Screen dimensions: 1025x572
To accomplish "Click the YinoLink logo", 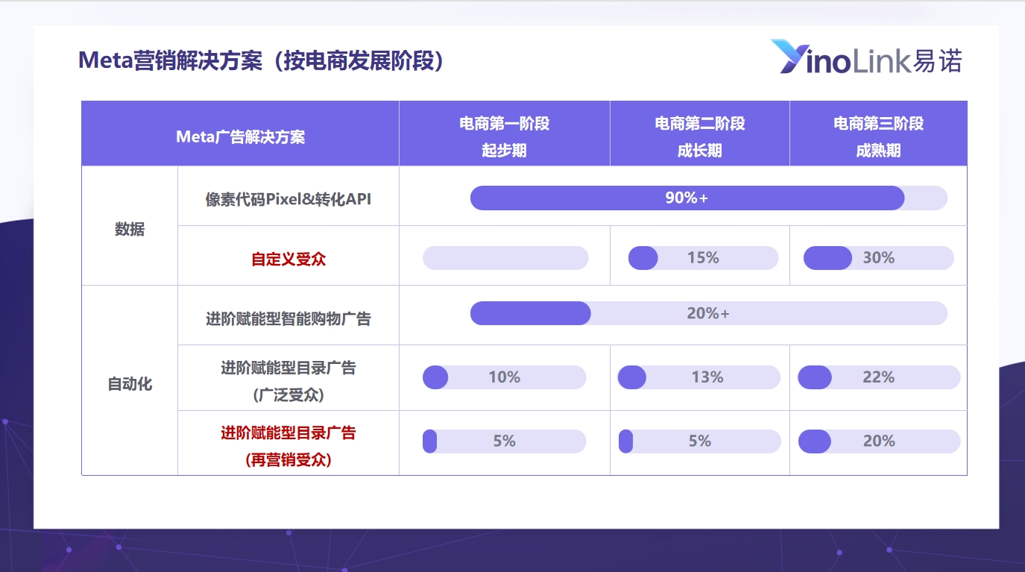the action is click(866, 57).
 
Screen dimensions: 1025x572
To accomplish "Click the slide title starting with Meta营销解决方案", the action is click(261, 60).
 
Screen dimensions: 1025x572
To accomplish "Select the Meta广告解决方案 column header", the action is click(240, 136).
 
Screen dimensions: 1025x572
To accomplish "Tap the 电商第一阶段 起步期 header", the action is click(504, 136).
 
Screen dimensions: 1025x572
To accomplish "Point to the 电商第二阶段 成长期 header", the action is click(700, 136).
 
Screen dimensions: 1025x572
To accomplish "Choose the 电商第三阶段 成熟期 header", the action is click(879, 136).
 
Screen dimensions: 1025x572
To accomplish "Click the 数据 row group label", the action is click(130, 229).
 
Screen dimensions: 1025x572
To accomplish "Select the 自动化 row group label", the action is click(130, 384).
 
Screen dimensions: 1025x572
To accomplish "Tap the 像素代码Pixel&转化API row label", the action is click(288, 199).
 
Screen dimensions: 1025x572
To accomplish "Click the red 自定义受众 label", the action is click(288, 259).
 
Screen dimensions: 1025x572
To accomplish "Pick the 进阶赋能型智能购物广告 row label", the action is click(288, 318).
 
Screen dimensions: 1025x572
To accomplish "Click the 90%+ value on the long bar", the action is click(687, 198).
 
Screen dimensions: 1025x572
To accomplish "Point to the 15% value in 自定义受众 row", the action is click(703, 257).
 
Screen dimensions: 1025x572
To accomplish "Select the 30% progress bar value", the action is click(879, 257).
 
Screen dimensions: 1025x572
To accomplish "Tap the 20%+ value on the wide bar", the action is click(708, 313).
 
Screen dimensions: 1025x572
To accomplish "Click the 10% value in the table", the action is click(504, 377).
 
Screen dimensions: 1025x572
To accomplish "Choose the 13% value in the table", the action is click(707, 377).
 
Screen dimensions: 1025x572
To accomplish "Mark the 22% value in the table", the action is click(879, 377).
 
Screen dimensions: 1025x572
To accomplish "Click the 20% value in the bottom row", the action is click(879, 441).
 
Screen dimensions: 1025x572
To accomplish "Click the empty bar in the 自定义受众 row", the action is click(505, 258).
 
